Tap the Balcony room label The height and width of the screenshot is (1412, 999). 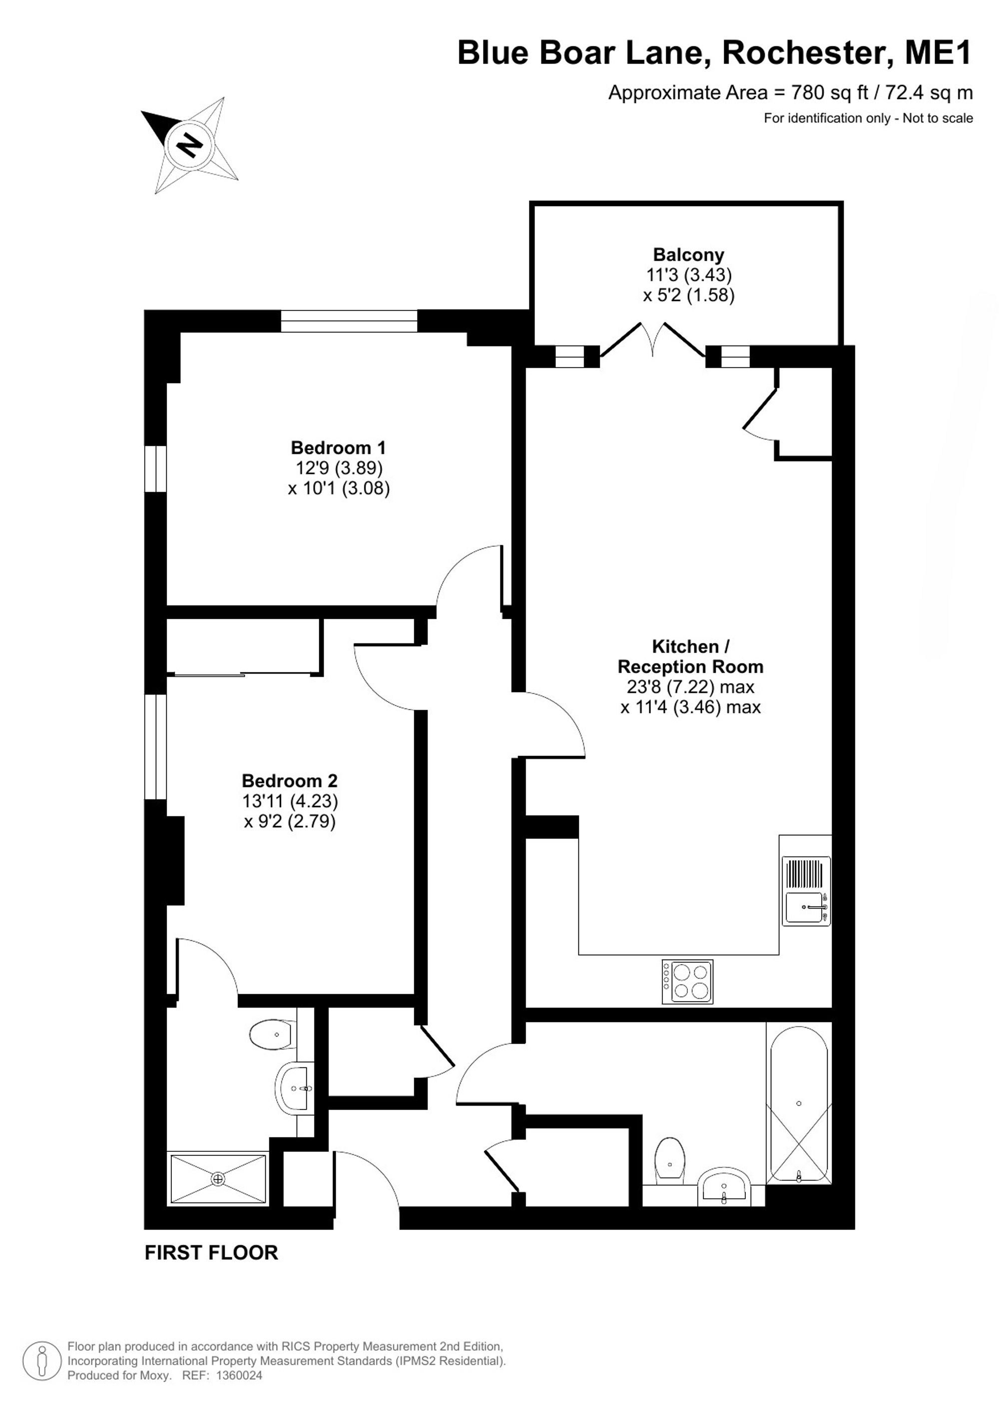coord(688,255)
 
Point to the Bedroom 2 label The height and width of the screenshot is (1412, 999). coord(290,780)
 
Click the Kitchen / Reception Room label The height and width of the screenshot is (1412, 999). coord(690,656)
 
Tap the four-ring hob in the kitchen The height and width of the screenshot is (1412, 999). coord(687,982)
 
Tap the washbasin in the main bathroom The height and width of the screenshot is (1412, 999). coord(724,1186)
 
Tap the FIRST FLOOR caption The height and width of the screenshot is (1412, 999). coord(211,1253)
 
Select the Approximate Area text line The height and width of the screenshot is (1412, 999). coord(791,93)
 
